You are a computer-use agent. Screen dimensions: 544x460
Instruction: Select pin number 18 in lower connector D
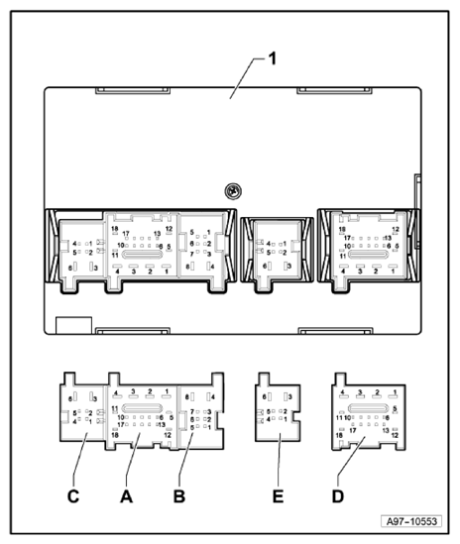340,435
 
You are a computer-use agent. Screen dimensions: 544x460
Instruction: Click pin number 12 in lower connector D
396,435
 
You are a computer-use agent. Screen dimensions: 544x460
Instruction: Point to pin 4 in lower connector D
342,393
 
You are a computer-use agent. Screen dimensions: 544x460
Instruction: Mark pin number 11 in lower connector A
115,408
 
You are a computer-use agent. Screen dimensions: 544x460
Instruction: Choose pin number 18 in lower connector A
115,435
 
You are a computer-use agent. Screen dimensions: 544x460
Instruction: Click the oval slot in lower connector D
368,407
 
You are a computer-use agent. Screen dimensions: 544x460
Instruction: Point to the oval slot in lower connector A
144,407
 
